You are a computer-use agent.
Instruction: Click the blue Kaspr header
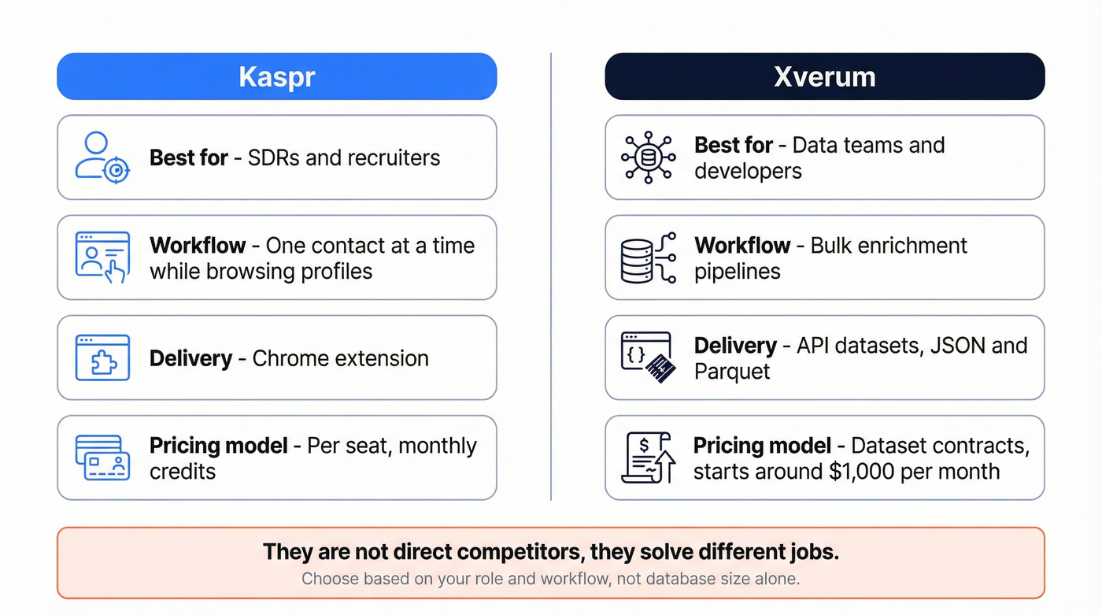pyautogui.click(x=276, y=76)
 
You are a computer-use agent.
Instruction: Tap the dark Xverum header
pyautogui.click(x=824, y=76)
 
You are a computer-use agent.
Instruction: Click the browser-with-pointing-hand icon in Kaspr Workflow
pyautogui.click(x=102, y=257)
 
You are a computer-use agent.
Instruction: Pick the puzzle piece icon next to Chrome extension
pyautogui.click(x=102, y=358)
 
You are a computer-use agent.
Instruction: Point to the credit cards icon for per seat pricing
pyautogui.click(x=102, y=458)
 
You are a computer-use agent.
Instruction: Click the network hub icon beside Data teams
pyautogui.click(x=648, y=157)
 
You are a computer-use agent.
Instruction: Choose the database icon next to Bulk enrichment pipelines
pyautogui.click(x=648, y=257)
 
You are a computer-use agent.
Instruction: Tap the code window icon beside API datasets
pyautogui.click(x=648, y=358)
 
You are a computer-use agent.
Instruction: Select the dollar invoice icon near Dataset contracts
pyautogui.click(x=648, y=458)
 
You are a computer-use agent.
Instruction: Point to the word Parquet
pyautogui.click(x=732, y=372)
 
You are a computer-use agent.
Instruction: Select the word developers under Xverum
pyautogui.click(x=748, y=171)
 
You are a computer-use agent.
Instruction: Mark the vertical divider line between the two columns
pyautogui.click(x=551, y=276)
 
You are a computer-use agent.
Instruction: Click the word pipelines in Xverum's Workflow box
pyautogui.click(x=738, y=272)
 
